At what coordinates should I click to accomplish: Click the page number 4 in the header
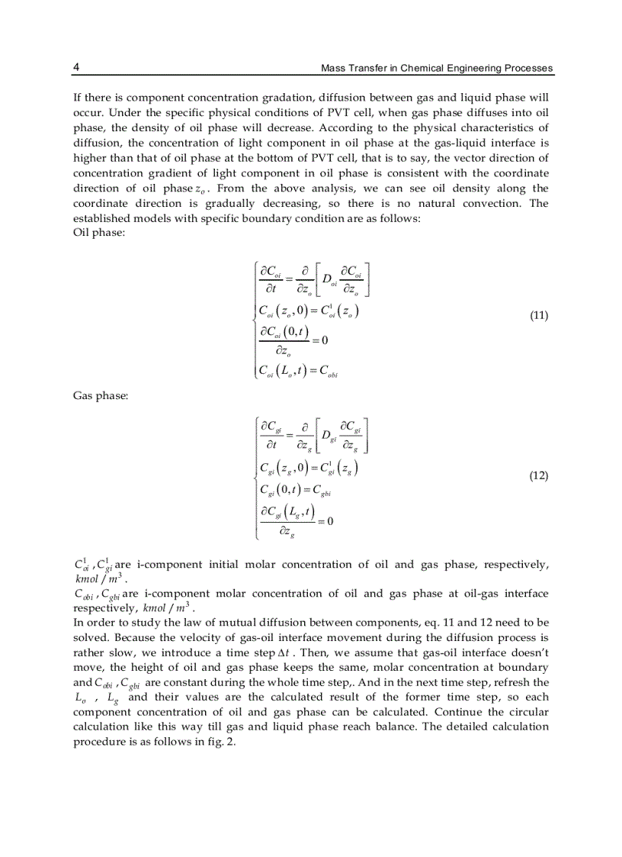[76, 68]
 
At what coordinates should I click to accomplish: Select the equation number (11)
[538, 315]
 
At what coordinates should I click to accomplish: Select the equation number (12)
[538, 475]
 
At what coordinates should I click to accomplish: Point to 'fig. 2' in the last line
[222, 741]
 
